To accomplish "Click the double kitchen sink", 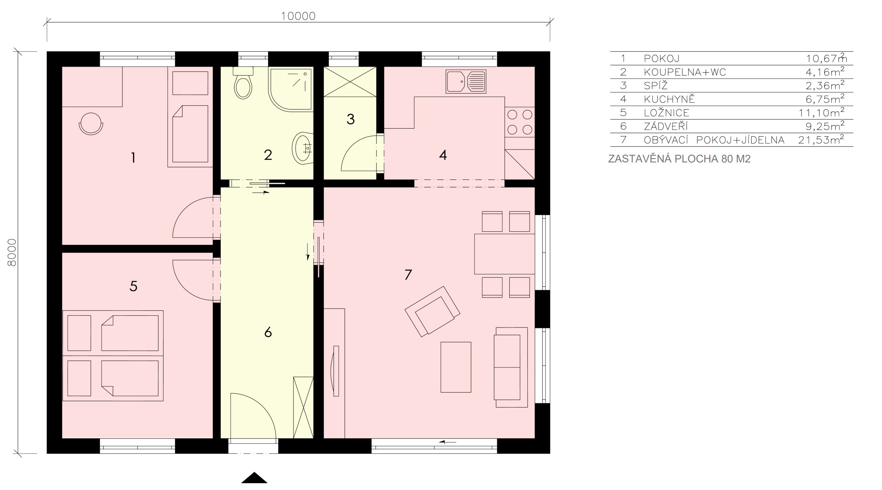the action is point(466,81).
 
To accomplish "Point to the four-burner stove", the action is point(520,122).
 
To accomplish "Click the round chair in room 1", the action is point(91,124).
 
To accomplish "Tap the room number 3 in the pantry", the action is point(351,119).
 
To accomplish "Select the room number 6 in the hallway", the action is point(268,332).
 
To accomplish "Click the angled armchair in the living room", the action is point(433,311).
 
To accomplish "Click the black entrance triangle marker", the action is point(254,478).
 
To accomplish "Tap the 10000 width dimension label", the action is point(298,16).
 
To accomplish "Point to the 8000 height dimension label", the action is point(12,252).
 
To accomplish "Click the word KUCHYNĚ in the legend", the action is point(669,99).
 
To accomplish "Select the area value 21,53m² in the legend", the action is point(821,140).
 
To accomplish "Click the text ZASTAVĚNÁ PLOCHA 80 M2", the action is point(679,159).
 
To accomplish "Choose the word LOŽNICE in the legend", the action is point(667,113).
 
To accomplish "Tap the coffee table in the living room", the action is point(456,367).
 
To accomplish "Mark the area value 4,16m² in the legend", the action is point(825,72).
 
